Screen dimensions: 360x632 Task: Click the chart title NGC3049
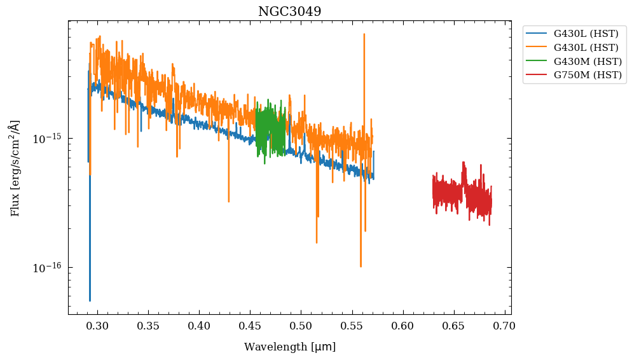[x=289, y=11]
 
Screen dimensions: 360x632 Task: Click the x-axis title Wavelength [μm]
[x=289, y=347]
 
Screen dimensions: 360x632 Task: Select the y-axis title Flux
[x=15, y=168]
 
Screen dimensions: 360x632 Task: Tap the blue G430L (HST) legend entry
[x=586, y=34]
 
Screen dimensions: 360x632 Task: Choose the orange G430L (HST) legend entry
[x=586, y=48]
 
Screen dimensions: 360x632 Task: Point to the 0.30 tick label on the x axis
[x=97, y=326]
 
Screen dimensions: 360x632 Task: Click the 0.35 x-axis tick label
[x=148, y=326]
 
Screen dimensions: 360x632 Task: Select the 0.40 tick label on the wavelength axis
[x=199, y=326]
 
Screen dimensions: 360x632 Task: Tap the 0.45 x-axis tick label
[x=250, y=326]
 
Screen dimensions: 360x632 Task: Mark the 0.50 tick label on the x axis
[x=301, y=326]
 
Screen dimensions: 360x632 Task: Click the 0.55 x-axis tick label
[x=352, y=326]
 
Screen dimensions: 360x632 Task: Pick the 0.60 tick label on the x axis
[x=402, y=326]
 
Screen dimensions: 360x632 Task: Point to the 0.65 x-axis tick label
[x=453, y=326]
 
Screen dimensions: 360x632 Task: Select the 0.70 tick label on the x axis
[x=504, y=326]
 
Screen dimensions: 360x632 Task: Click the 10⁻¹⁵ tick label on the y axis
[x=48, y=138]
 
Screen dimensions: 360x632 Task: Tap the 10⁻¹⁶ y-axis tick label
[x=48, y=268]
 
